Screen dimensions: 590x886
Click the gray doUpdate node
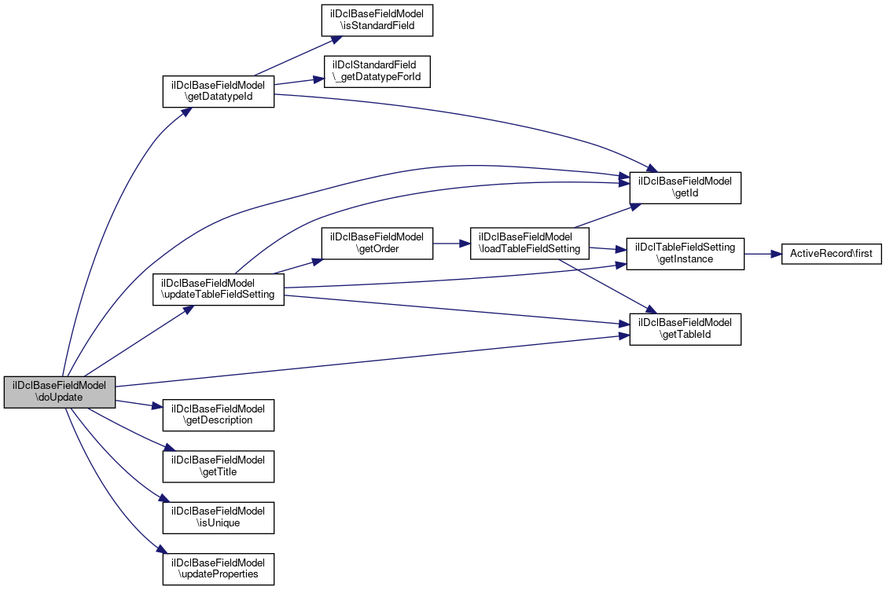pos(60,392)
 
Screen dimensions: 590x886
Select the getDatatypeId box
pos(218,91)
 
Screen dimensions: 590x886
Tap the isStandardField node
pos(377,19)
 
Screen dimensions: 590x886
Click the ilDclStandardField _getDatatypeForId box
pos(377,71)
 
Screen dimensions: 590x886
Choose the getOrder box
pos(377,243)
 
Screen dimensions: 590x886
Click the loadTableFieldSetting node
pos(530,243)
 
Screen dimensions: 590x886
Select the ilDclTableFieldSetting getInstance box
pos(685,253)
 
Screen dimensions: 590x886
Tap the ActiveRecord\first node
pos(832,254)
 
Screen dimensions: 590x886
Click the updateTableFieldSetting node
pos(218,289)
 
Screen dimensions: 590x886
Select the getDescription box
pos(218,414)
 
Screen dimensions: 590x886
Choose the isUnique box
pos(218,516)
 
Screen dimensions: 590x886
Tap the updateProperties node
pos(218,568)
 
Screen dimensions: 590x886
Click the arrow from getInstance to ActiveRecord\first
pos(762,254)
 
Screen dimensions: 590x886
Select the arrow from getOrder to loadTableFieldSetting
pos(451,243)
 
